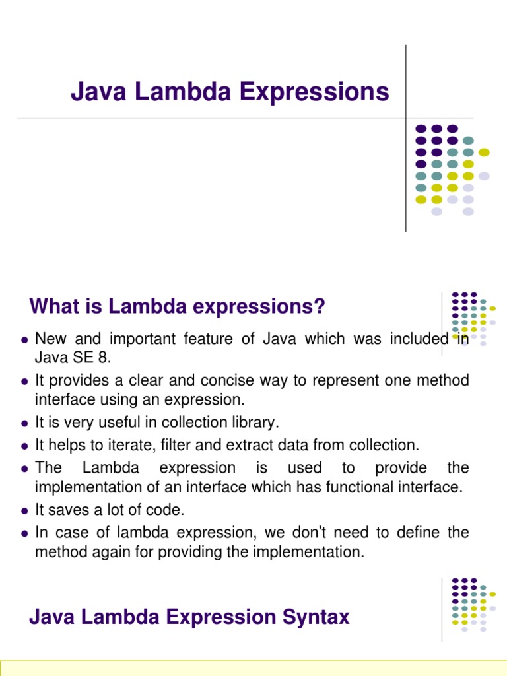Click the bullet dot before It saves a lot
[24, 511]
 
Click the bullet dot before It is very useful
[24, 423]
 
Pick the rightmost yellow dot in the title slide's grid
[484, 152]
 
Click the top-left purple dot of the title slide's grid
[420, 129]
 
